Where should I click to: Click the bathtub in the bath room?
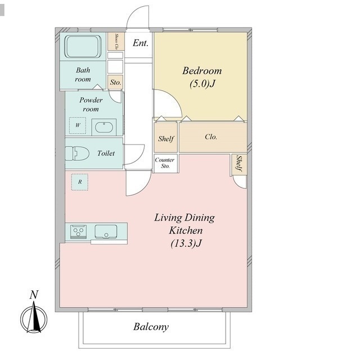click(83, 46)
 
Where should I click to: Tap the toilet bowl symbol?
click(77, 154)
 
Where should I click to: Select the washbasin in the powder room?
click(104, 128)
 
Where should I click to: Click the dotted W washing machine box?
click(78, 125)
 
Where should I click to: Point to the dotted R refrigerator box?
click(80, 182)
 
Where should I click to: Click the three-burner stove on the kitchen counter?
click(78, 232)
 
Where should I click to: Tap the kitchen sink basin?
click(106, 231)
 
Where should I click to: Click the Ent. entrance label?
click(141, 43)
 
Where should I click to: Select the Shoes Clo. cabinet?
click(116, 42)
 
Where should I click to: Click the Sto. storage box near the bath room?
click(115, 82)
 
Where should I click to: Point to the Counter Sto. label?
click(165, 163)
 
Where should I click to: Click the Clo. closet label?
click(211, 137)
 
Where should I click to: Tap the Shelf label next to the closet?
click(166, 139)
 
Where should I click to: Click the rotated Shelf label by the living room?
click(239, 164)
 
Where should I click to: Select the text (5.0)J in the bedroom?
click(202, 84)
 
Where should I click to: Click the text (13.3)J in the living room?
click(186, 243)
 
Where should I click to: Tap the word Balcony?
click(151, 327)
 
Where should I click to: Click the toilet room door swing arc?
click(139, 156)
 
